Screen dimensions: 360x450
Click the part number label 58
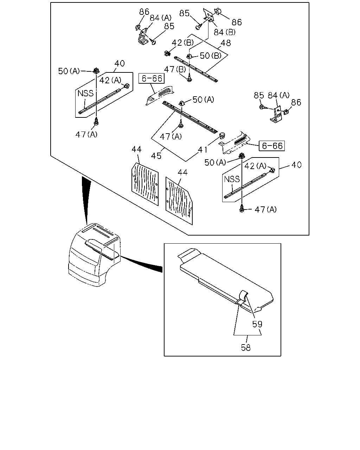click(246, 348)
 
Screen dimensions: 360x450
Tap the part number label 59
click(257, 324)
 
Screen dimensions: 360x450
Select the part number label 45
click(156, 156)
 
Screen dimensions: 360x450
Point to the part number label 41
click(202, 150)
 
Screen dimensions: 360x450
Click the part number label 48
click(226, 43)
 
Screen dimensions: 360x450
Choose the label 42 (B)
click(182, 43)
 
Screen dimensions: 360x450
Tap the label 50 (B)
click(211, 56)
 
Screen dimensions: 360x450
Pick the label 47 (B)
click(175, 69)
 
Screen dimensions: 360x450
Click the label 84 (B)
click(224, 32)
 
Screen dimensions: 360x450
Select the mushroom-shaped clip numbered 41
click(222, 135)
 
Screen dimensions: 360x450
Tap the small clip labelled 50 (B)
click(189, 56)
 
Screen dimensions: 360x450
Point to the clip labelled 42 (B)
click(167, 53)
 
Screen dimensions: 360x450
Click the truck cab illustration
click(95, 255)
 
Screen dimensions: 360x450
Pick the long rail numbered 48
click(196, 68)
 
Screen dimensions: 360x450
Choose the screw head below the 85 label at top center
click(199, 27)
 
